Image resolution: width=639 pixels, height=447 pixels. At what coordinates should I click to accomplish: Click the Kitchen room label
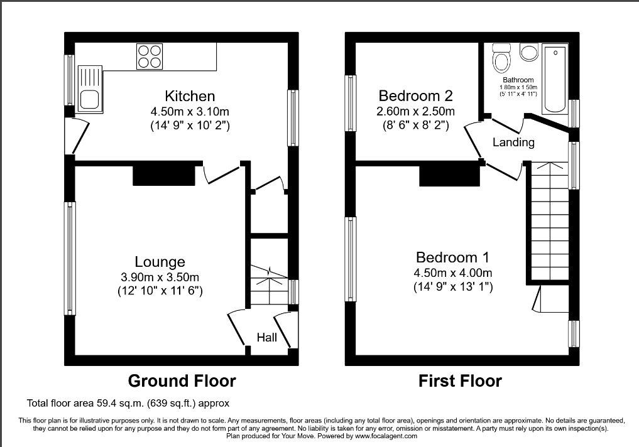click(x=190, y=96)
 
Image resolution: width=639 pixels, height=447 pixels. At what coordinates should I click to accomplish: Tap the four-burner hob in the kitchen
click(x=149, y=56)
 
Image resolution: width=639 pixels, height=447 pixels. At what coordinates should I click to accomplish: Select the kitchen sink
click(x=89, y=89)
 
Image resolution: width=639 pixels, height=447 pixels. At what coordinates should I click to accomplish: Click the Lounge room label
click(x=160, y=262)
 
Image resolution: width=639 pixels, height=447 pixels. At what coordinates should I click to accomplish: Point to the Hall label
click(x=267, y=337)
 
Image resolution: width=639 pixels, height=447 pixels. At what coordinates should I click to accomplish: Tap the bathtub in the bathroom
click(x=555, y=79)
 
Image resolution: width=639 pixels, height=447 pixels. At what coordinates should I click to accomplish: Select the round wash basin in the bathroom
click(x=530, y=53)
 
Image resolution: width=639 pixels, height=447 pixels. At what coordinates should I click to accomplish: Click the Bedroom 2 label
click(x=416, y=95)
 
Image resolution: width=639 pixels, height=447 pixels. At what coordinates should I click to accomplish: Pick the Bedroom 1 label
click(x=452, y=257)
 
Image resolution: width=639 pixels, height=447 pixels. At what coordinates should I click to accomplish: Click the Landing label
click(x=513, y=142)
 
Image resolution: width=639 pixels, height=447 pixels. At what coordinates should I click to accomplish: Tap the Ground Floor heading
click(x=182, y=381)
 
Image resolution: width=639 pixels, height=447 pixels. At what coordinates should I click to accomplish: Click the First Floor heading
click(x=460, y=381)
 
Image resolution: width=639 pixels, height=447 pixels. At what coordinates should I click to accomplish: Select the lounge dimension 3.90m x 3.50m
click(x=160, y=277)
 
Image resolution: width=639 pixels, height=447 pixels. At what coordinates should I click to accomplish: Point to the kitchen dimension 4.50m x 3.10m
click(x=190, y=111)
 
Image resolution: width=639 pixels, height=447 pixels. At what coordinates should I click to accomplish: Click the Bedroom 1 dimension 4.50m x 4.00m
click(x=453, y=272)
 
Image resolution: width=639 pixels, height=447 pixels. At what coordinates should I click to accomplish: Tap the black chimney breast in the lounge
click(x=164, y=173)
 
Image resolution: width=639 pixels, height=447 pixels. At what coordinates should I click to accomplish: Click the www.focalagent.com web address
click(x=386, y=436)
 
